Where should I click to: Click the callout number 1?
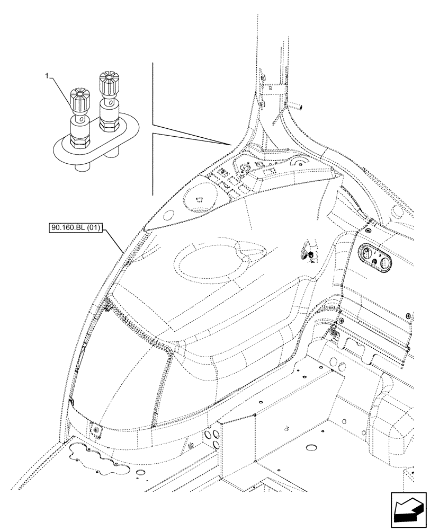click(x=48, y=77)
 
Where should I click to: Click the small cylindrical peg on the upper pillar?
click(x=298, y=107)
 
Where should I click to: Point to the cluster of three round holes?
click(x=213, y=437)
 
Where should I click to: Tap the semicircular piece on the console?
click(x=300, y=162)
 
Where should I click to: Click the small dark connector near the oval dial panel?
click(x=311, y=257)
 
